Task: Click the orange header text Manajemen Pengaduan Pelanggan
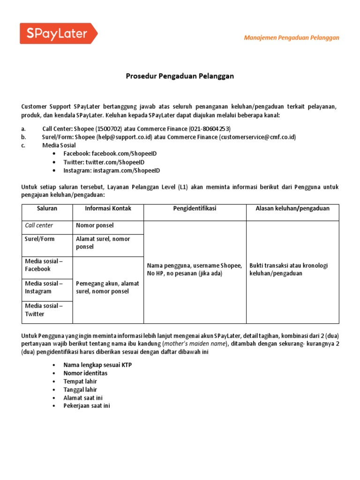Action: coord(292,37)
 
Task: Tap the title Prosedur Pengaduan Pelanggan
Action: coord(180,76)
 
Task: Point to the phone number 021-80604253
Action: coord(210,128)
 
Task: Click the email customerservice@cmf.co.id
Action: coord(258,137)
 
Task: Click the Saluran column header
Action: coord(47,209)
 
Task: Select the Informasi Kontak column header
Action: coord(108,209)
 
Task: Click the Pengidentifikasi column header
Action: coord(195,209)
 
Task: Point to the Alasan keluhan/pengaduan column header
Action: coord(292,209)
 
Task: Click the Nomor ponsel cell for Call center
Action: coord(95,225)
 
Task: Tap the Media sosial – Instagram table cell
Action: coord(44,287)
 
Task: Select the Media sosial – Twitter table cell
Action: coord(44,310)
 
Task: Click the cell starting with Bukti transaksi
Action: coord(289,270)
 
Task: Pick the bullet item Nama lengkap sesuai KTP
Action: coord(97,365)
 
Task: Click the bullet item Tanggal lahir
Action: coord(80,390)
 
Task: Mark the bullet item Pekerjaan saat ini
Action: coord(87,406)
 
